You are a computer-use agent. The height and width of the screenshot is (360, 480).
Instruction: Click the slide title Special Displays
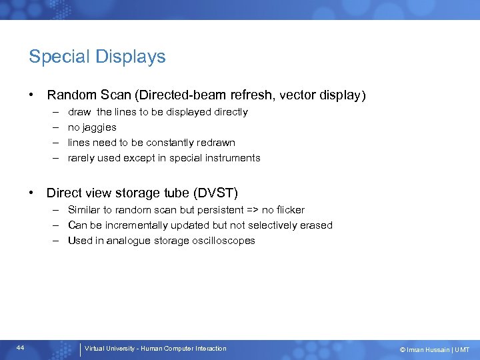(x=97, y=57)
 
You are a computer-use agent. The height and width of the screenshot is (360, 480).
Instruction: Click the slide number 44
(x=21, y=348)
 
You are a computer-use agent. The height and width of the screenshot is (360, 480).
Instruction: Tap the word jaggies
(x=100, y=127)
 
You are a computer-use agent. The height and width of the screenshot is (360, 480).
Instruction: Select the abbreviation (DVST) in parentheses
(x=215, y=194)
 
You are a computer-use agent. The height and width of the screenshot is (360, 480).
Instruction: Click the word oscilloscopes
(x=223, y=241)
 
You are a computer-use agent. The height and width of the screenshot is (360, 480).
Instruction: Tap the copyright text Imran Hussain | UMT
(x=435, y=349)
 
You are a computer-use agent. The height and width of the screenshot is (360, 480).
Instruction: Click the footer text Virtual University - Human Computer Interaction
(x=155, y=349)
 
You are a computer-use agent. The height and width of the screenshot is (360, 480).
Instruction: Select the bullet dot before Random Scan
(x=31, y=95)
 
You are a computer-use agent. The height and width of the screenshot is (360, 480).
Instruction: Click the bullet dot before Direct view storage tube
(x=31, y=193)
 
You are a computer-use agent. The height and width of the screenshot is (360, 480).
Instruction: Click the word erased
(x=317, y=225)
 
